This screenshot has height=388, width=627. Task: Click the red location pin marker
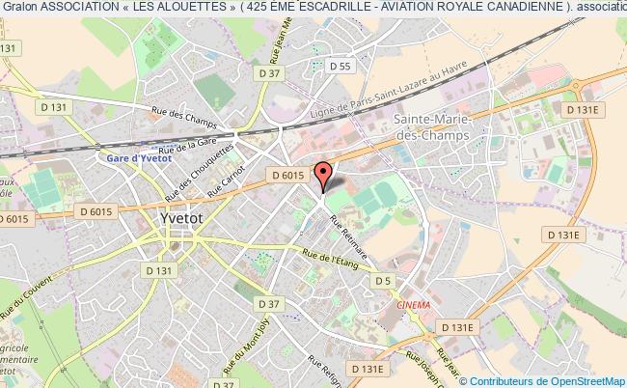323,176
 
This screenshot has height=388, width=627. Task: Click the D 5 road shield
384,281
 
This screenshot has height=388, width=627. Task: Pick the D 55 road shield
339,67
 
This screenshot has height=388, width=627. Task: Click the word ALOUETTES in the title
199,8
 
